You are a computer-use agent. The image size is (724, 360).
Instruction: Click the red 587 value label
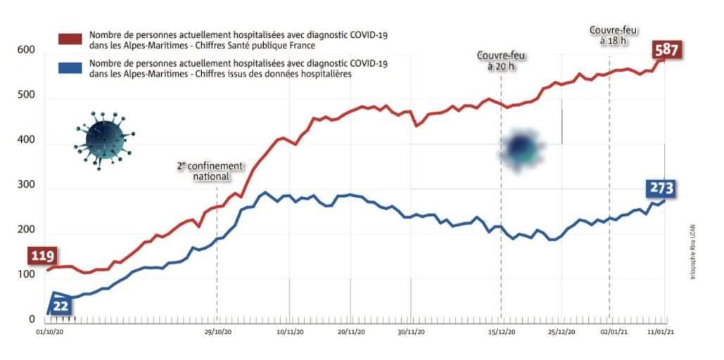pyautogui.click(x=666, y=51)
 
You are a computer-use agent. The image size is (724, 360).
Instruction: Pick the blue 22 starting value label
pyautogui.click(x=62, y=306)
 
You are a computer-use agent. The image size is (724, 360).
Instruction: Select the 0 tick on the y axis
pyautogui.click(x=31, y=320)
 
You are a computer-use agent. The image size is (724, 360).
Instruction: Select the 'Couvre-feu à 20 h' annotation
pyautogui.click(x=501, y=60)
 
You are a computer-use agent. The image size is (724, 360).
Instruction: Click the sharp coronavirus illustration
pyautogui.click(x=103, y=139)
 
